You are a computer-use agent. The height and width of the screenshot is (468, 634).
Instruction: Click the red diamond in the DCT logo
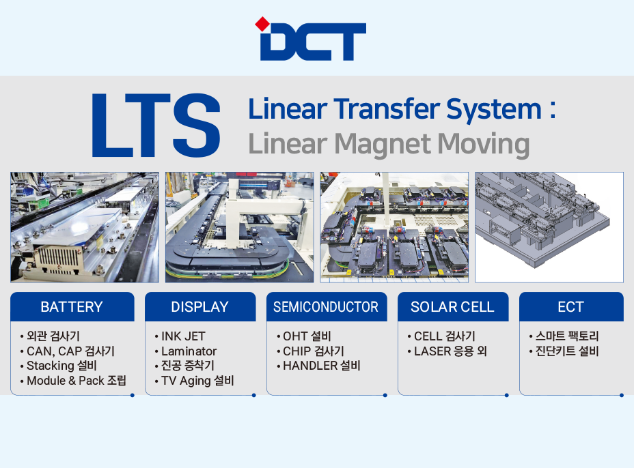pos(262,24)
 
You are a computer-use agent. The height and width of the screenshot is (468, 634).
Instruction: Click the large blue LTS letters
pos(156,125)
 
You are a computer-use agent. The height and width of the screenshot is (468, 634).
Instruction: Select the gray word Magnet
pos(383,145)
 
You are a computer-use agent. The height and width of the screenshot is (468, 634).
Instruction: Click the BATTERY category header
pos(72,307)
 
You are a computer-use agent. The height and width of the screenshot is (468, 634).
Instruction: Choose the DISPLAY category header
pos(200,307)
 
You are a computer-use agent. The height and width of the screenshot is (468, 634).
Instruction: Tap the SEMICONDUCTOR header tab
pos(327,307)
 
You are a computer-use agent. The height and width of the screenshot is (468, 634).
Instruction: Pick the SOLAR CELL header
pos(453,307)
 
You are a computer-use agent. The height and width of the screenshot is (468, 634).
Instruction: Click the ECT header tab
pos(571,307)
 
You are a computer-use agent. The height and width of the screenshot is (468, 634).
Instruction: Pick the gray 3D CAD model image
pos(549,227)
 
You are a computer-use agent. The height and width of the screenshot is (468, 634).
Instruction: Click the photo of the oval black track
pos(239,227)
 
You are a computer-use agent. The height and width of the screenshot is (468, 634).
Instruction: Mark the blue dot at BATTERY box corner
pos(133,395)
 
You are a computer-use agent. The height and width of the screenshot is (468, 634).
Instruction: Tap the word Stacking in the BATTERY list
pos(50,366)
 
